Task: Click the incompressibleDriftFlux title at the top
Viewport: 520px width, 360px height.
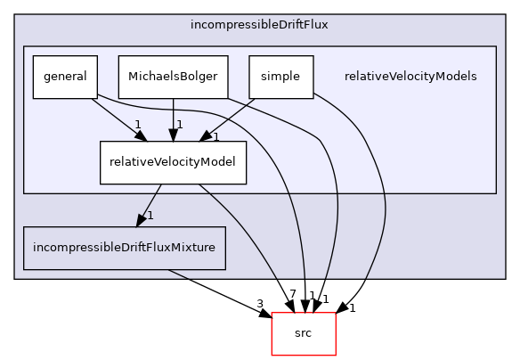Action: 259,24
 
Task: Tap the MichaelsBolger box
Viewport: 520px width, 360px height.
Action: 173,77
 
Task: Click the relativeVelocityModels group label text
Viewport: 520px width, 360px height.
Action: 410,77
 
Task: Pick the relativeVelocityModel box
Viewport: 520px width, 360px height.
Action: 173,161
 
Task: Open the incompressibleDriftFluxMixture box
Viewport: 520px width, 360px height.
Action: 124,247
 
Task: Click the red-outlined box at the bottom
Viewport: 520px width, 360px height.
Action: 303,334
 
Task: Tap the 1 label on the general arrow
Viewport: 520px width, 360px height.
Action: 138,125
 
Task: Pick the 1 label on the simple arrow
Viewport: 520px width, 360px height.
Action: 215,136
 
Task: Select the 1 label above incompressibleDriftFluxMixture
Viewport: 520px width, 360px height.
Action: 150,216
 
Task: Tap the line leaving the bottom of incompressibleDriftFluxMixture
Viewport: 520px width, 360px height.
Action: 178,274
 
